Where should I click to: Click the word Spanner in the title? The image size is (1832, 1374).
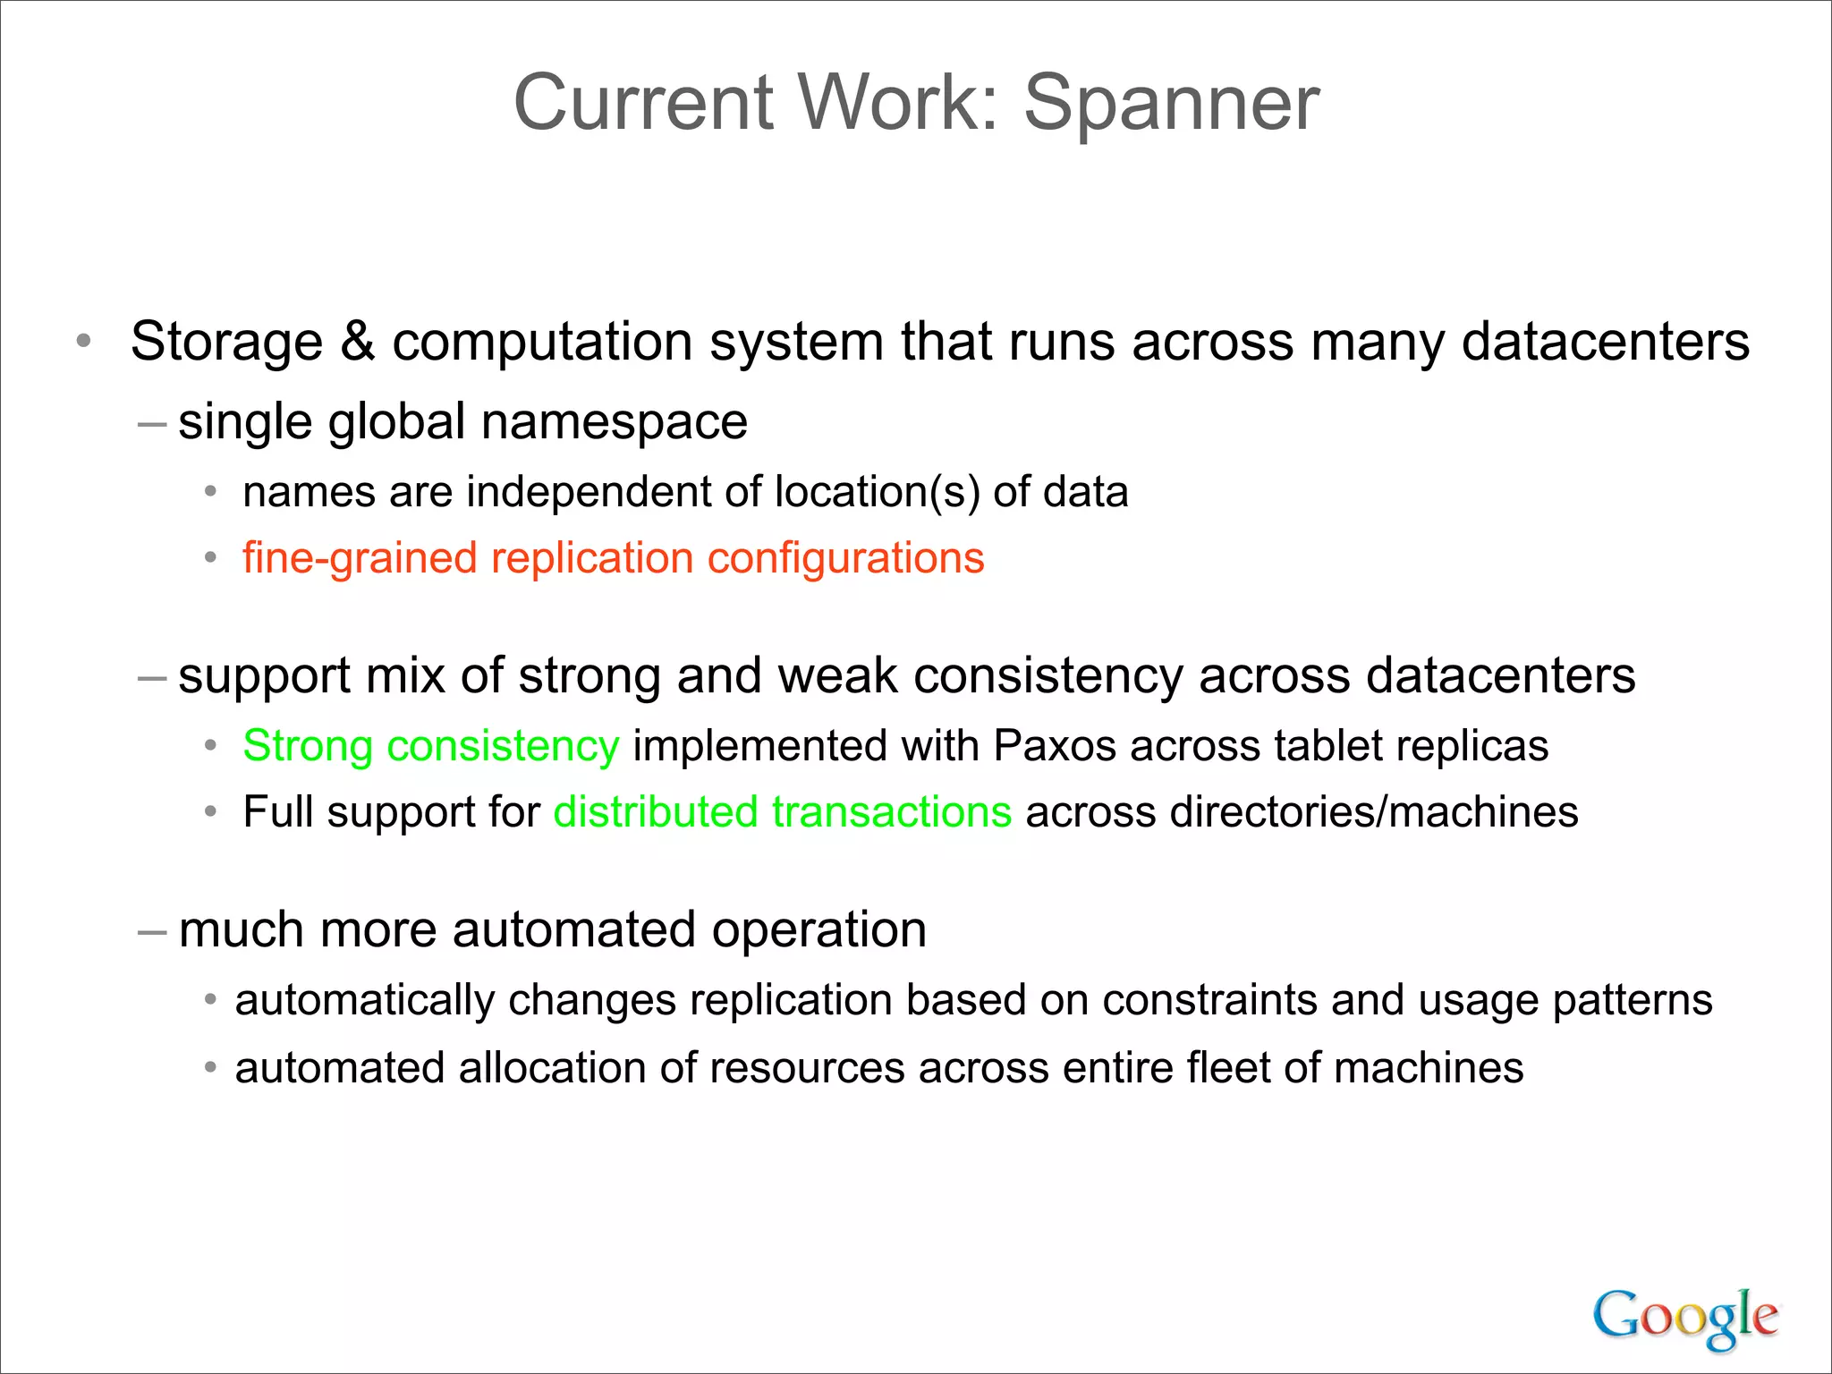1171,104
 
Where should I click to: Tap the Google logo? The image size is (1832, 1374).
1685,1317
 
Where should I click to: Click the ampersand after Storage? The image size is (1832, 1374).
358,342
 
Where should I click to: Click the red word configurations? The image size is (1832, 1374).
845,559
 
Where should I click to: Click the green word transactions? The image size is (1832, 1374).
892,812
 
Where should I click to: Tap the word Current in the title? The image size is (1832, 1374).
643,104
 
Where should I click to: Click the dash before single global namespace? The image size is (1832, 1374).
152,422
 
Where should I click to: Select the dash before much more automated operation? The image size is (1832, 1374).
152,930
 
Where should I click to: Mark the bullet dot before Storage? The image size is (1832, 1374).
84,341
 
